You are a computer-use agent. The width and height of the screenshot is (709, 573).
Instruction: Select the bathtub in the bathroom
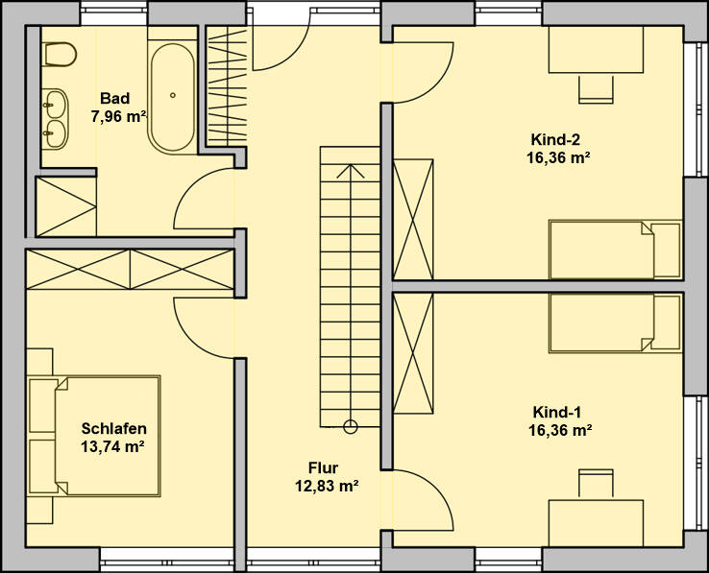click(x=173, y=97)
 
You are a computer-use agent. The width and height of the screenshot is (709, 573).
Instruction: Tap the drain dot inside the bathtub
click(x=173, y=95)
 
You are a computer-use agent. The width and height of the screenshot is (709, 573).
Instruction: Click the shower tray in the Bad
click(x=65, y=205)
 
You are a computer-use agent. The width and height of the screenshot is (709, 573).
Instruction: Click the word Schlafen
click(x=113, y=428)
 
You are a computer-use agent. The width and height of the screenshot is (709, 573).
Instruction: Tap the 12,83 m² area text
click(x=326, y=486)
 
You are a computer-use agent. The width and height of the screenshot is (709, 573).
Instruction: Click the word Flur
click(x=323, y=467)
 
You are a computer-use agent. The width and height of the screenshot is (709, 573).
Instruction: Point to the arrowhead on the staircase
click(x=350, y=171)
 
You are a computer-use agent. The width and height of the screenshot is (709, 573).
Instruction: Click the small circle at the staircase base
click(x=350, y=425)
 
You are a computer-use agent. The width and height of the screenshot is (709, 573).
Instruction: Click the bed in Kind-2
click(x=614, y=250)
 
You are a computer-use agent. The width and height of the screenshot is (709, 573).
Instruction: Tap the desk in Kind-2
click(x=596, y=50)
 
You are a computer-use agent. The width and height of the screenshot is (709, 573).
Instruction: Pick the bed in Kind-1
click(x=614, y=323)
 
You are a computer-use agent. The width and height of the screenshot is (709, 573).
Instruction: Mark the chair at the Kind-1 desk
click(x=596, y=484)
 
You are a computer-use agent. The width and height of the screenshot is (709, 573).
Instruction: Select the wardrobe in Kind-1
click(x=414, y=352)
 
